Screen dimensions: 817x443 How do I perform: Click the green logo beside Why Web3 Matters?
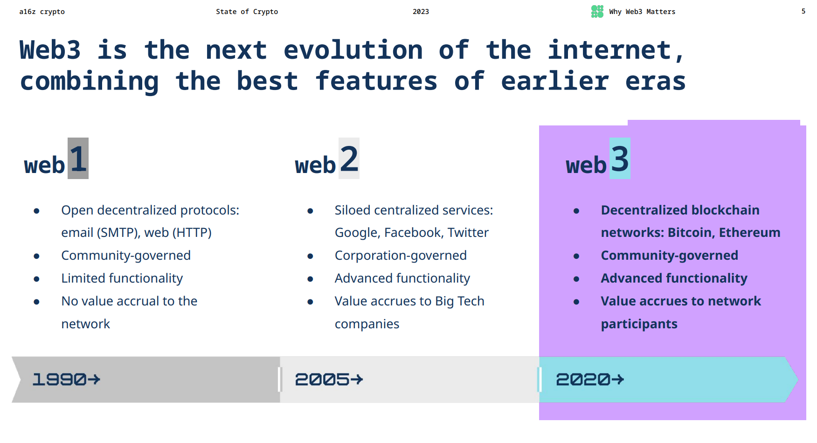597,11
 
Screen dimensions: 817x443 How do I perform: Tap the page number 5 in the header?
803,11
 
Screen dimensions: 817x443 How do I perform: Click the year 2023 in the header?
421,12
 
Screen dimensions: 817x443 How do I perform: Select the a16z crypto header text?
42,12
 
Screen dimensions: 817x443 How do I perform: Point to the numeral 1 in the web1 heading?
78,159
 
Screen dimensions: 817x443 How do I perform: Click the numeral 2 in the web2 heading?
349,159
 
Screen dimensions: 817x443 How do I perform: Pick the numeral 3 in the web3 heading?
620,159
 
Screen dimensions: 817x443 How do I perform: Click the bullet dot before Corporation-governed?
310,256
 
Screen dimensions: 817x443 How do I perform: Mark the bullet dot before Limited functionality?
36,279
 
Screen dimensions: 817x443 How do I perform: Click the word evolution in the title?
353,50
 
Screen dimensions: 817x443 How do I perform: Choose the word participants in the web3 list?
639,324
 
